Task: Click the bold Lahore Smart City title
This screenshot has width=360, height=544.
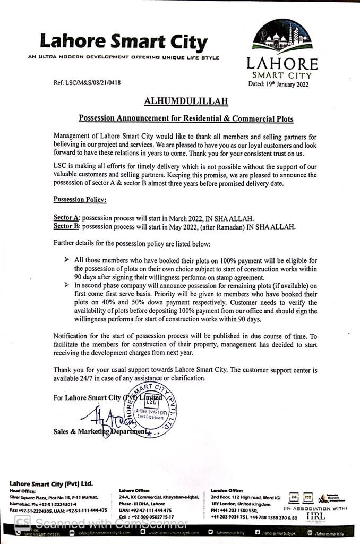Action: click(123, 41)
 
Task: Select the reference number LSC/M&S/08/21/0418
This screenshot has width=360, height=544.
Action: click(87, 83)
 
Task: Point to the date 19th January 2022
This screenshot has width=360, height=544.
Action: click(278, 84)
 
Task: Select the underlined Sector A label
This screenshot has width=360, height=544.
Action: click(67, 218)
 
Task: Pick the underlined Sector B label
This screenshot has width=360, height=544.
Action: click(67, 226)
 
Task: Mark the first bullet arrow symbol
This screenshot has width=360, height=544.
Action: click(66, 260)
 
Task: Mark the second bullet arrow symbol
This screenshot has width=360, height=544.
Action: click(66, 285)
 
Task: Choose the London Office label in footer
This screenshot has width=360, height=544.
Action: click(227, 490)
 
